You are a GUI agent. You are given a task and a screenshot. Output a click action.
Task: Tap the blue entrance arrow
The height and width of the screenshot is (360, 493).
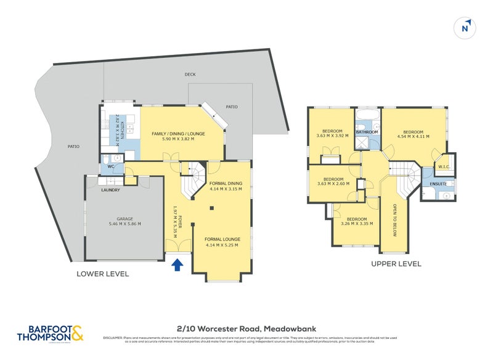tap(177, 265)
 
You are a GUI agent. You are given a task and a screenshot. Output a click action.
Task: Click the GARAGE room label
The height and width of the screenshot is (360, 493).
tap(125, 219)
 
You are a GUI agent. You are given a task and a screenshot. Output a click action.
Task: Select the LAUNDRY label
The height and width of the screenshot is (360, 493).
tap(110, 190)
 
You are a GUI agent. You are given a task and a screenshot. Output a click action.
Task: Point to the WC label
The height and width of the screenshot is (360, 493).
tap(112, 166)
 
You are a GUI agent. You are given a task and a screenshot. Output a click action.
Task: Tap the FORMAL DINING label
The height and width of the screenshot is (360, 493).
tap(226, 183)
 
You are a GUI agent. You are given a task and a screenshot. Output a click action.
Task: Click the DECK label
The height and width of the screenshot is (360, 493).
tap(190, 75)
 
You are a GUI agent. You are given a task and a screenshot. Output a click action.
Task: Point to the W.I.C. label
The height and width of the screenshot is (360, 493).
tap(443, 166)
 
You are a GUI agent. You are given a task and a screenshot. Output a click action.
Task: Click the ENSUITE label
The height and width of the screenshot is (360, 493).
tap(438, 183)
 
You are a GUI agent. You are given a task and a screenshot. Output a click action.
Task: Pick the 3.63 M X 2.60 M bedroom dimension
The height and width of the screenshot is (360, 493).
tap(333, 184)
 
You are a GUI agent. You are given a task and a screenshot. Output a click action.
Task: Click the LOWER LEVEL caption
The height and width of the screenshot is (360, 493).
tap(102, 274)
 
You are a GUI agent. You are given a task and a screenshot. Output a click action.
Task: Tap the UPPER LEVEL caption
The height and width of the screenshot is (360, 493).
tap(396, 263)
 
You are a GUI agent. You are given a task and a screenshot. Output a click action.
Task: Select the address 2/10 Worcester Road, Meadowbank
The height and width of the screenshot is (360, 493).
tap(246, 329)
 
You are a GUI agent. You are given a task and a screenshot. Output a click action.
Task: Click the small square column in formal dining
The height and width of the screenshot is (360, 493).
tap(211, 208)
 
